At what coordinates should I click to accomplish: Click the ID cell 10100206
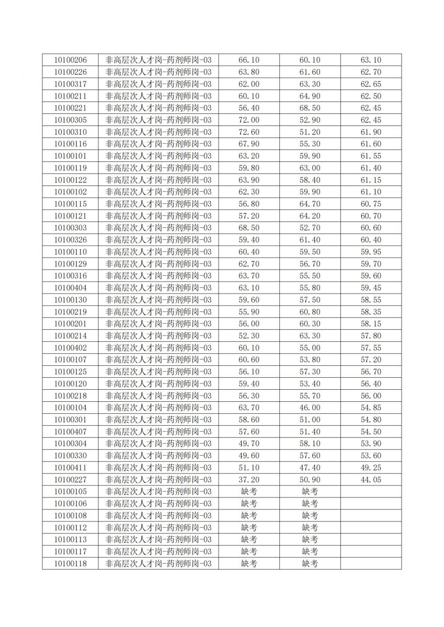(x=70, y=60)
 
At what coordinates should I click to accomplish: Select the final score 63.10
(x=371, y=60)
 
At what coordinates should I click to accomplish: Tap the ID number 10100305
(x=70, y=120)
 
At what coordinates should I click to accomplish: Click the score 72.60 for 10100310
(x=249, y=132)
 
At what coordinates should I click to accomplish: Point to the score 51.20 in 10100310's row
(x=310, y=132)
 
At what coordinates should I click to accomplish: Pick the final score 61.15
(x=371, y=180)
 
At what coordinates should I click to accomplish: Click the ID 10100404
(x=70, y=288)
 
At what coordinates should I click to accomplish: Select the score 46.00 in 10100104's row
(x=310, y=408)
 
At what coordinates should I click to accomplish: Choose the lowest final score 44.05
(x=371, y=480)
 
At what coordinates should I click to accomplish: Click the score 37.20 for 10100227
(x=249, y=480)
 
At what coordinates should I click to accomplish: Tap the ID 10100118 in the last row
(x=70, y=563)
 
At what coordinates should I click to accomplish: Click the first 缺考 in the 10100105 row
(x=249, y=492)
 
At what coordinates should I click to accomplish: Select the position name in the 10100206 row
(x=158, y=60)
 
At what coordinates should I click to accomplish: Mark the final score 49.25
(x=371, y=468)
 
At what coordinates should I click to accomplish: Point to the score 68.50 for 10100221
(x=310, y=108)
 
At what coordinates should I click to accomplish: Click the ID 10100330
(x=70, y=456)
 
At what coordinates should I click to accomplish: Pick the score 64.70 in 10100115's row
(x=310, y=204)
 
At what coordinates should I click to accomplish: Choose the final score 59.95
(x=371, y=252)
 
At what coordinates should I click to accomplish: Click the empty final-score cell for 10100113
(x=371, y=539)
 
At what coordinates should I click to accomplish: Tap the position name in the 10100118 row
(x=158, y=563)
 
